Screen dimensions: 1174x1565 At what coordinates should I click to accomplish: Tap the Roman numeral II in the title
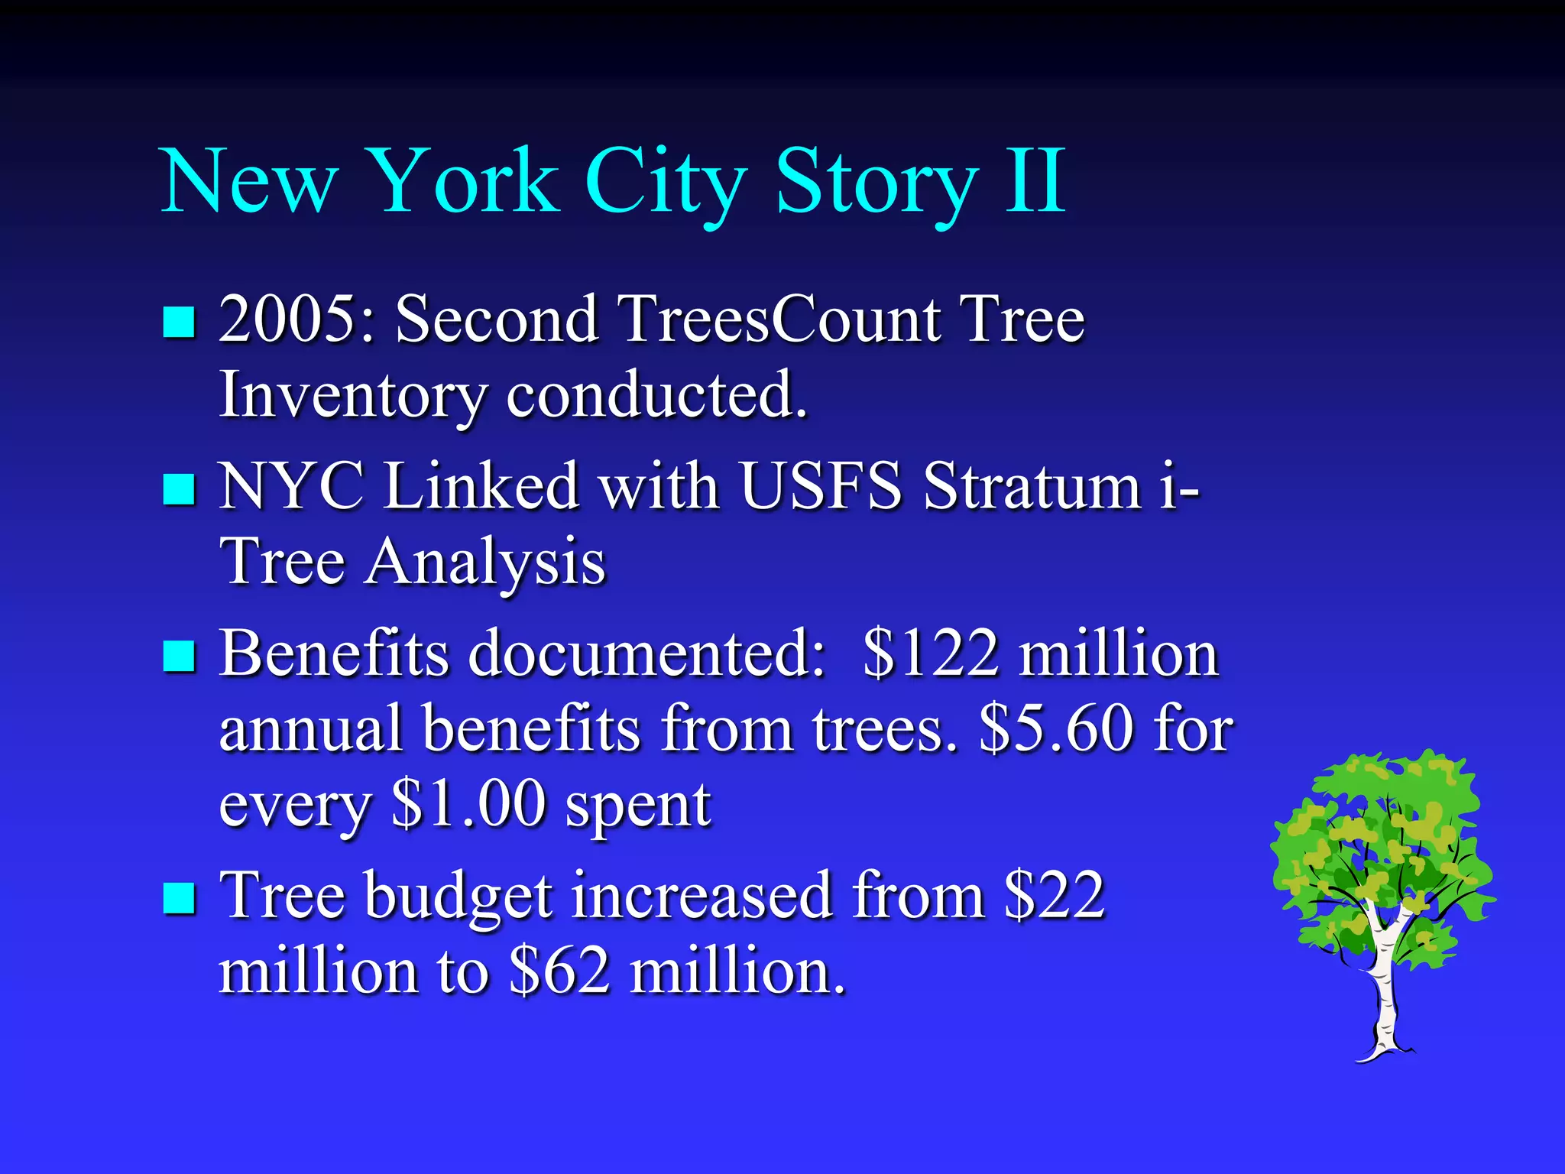tap(1035, 182)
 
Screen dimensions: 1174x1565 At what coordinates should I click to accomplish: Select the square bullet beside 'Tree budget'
tap(180, 898)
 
